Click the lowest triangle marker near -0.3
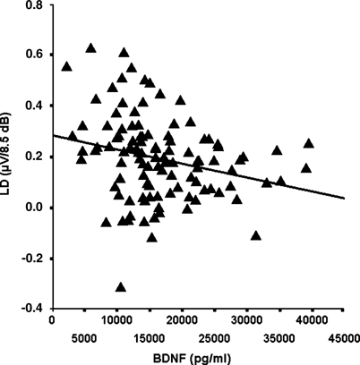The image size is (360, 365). click(120, 287)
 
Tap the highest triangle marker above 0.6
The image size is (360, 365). click(90, 48)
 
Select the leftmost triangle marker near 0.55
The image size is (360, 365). click(66, 66)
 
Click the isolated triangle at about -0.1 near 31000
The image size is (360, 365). click(257, 236)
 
